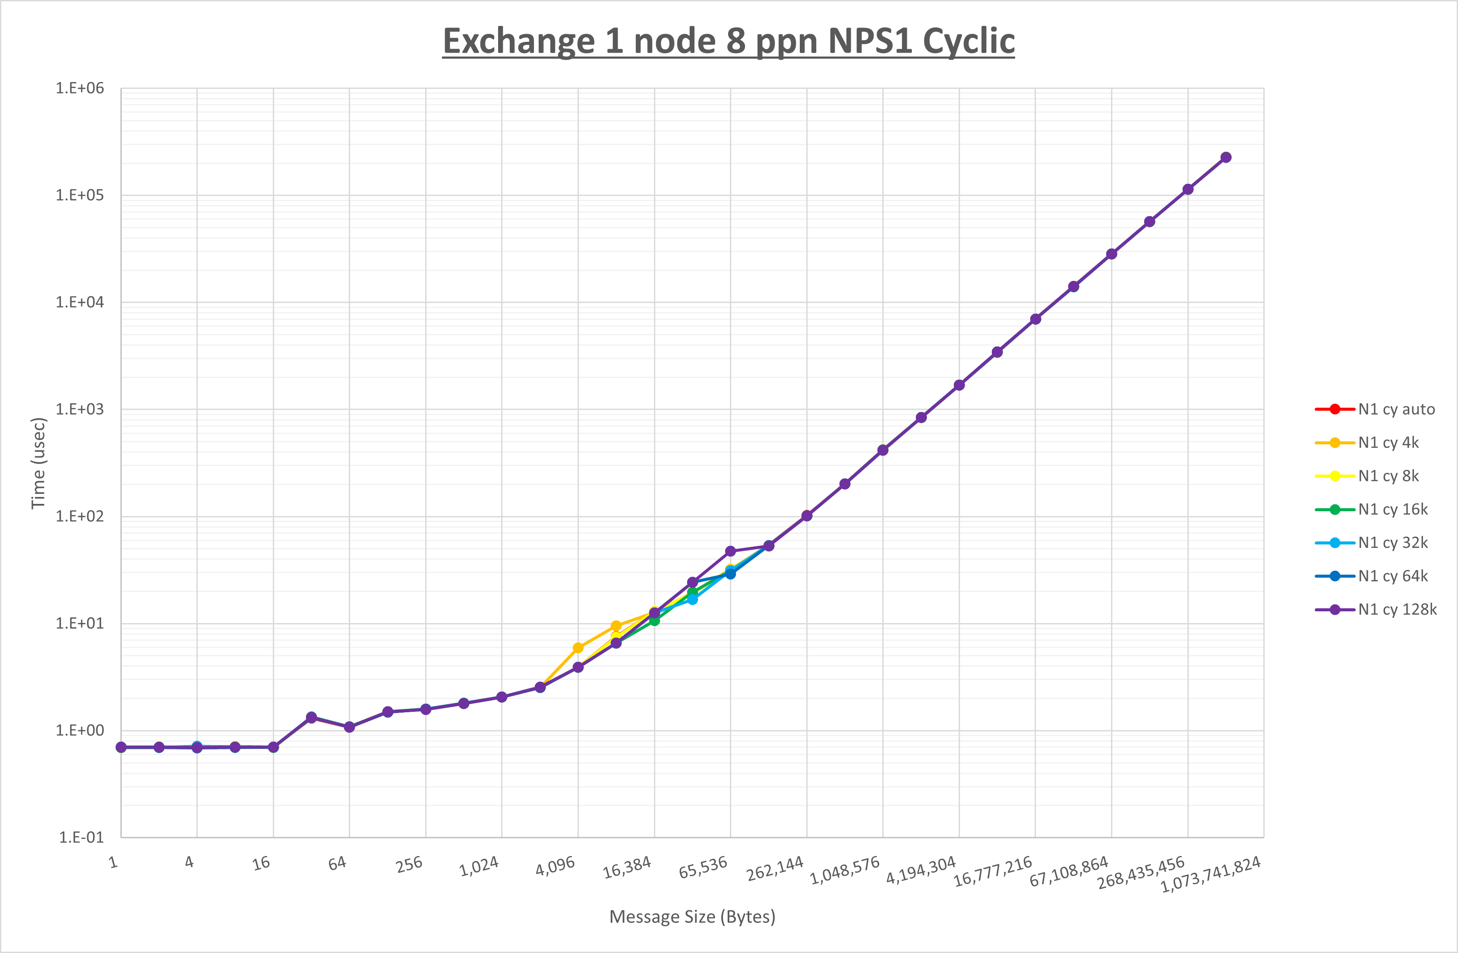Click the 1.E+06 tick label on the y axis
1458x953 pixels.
80,88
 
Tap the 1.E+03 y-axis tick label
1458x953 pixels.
80,409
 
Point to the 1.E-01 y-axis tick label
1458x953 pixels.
81,837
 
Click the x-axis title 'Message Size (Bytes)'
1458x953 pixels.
692,917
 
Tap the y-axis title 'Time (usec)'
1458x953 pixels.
38,463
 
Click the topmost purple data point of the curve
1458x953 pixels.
1226,157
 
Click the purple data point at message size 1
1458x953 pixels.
121,747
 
